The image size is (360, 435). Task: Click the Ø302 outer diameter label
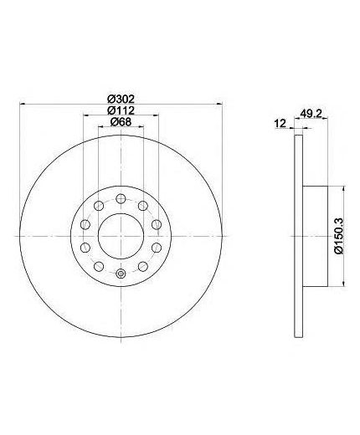(121, 99)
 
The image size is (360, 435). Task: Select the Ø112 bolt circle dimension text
(121, 110)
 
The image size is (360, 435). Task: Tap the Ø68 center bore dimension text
(121, 122)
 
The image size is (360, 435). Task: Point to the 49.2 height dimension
(311, 114)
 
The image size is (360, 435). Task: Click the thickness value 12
(280, 123)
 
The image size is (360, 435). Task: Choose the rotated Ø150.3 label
(339, 236)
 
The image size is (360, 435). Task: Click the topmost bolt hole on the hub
(121, 198)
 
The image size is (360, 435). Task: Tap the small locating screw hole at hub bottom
(121, 274)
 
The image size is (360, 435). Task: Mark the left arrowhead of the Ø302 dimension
(23, 104)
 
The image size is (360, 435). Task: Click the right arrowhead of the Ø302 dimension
(219, 104)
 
